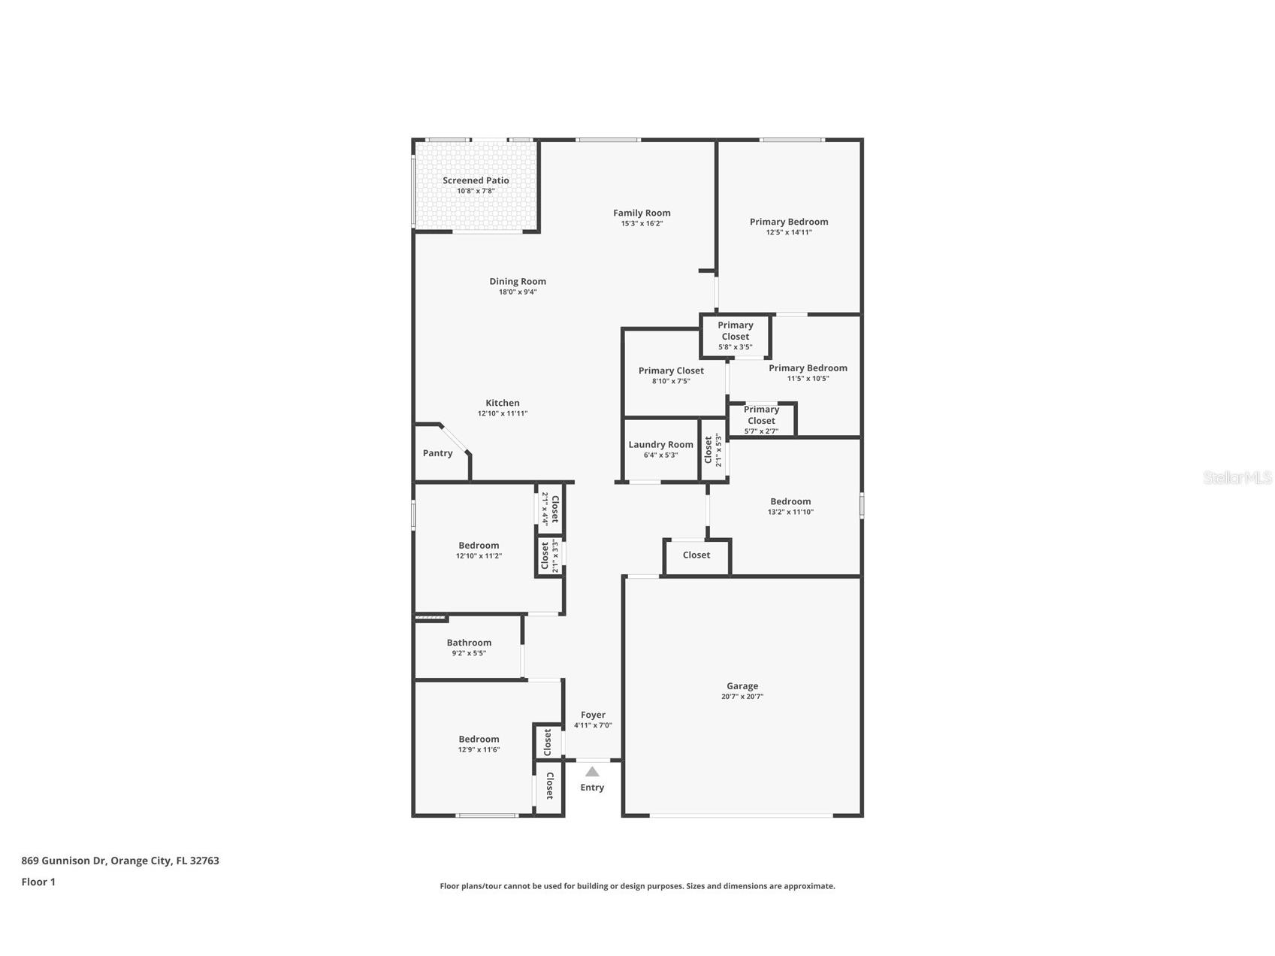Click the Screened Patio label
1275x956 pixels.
476,180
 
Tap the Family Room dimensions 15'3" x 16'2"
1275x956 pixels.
642,223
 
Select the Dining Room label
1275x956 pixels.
518,281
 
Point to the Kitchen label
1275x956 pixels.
502,403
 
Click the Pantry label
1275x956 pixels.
437,453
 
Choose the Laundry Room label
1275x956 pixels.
660,444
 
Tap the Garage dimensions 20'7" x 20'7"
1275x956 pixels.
742,697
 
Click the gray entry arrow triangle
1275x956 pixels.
592,771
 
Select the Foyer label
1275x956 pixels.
593,715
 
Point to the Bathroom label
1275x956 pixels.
469,643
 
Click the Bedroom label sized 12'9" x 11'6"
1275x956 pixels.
479,739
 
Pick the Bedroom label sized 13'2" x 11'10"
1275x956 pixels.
790,501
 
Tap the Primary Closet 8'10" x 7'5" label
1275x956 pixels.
671,371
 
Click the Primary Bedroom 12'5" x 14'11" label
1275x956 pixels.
789,222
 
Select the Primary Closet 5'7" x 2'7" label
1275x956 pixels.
761,415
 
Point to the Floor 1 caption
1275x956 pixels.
38,882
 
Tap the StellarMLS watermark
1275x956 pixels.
1237,477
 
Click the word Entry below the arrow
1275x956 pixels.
592,787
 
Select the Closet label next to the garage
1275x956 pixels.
696,555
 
